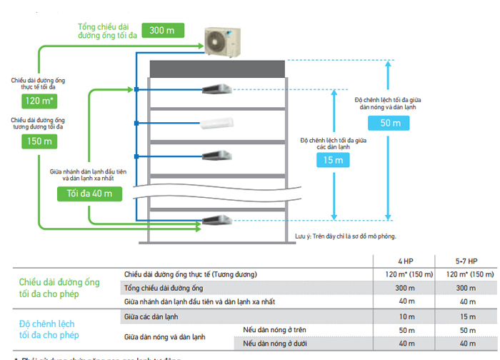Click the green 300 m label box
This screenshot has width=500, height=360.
pos(163,30)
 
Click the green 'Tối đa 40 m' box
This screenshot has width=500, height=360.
pos(89,193)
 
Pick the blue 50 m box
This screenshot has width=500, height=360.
pos(385,123)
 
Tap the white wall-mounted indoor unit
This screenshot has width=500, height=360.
pos(217,124)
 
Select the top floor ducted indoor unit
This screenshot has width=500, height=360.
pos(217,90)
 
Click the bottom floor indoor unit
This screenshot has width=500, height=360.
pos(217,220)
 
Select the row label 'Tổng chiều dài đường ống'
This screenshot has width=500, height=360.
pos(164,288)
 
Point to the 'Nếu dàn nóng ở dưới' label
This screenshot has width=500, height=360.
pos(277,343)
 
